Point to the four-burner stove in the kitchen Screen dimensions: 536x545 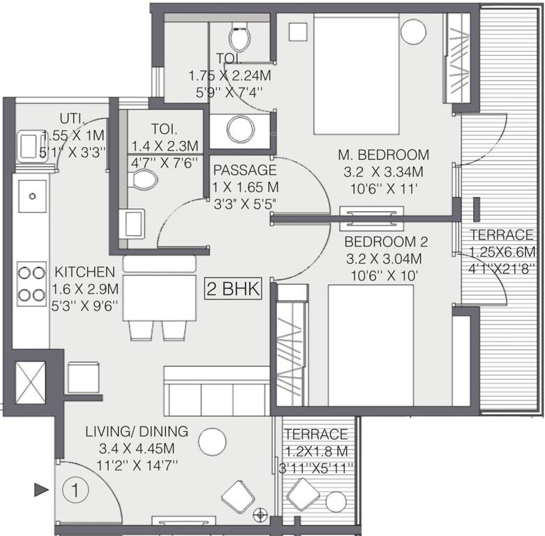31,282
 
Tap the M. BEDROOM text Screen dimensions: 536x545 383,154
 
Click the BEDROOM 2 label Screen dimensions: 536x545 386,242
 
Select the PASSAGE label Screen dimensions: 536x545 245,170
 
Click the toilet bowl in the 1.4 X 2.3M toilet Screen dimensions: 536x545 144,180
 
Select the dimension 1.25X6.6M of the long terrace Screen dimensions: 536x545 502,251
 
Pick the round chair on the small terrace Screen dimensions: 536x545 336,502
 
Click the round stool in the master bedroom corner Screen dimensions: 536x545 413,30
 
